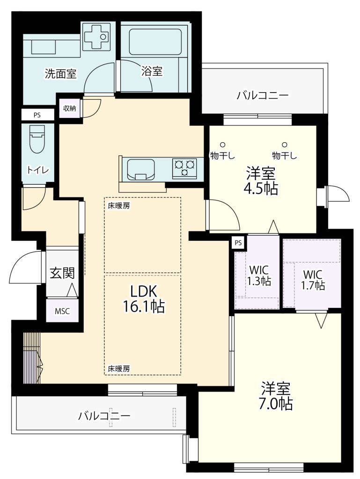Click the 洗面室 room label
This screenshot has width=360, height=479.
coord(60,73)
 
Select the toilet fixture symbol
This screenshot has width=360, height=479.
coord(37,139)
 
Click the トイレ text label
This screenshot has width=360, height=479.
coord(38,170)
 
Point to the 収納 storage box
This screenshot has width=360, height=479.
coord(69,108)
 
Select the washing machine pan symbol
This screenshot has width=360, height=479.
coord(96,36)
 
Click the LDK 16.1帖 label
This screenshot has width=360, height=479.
coord(144,298)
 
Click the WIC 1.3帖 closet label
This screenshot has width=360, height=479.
coord(259,276)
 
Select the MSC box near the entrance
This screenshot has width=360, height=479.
coord(62,311)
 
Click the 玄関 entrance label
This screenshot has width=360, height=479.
coord(62,273)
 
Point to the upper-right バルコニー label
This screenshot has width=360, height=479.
coord(263,96)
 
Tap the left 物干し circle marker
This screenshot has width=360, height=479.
coord(223,145)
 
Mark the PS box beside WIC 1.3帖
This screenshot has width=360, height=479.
coord(238,243)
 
